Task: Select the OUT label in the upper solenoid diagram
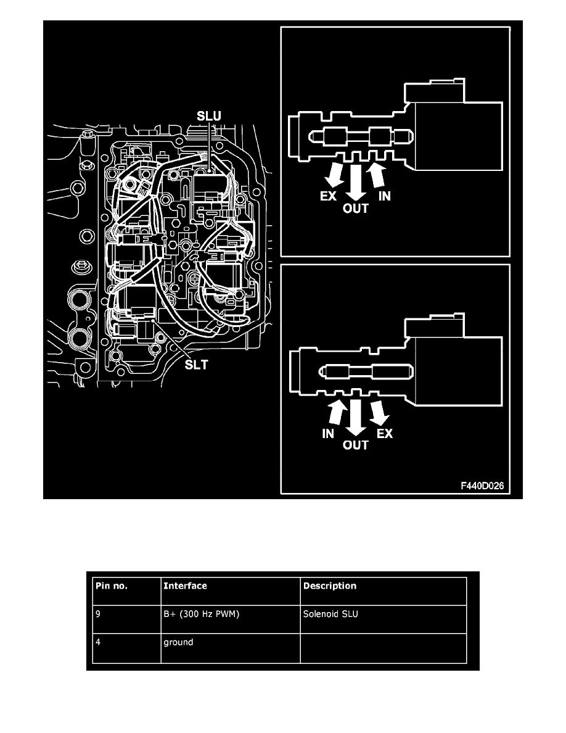point(355,209)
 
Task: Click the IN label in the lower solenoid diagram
point(328,434)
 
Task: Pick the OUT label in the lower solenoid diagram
point(355,445)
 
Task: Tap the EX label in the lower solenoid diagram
point(384,434)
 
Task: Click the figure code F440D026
point(482,486)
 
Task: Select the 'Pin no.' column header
point(112,586)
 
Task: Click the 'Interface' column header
point(185,586)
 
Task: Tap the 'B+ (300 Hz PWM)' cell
point(199,614)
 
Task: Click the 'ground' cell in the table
point(178,642)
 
